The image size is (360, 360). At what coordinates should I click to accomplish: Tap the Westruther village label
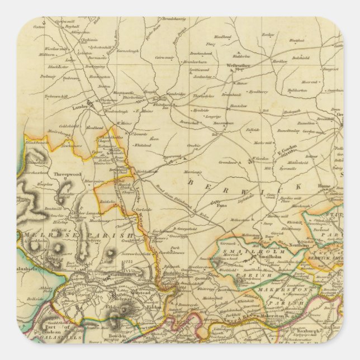tap(238, 65)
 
